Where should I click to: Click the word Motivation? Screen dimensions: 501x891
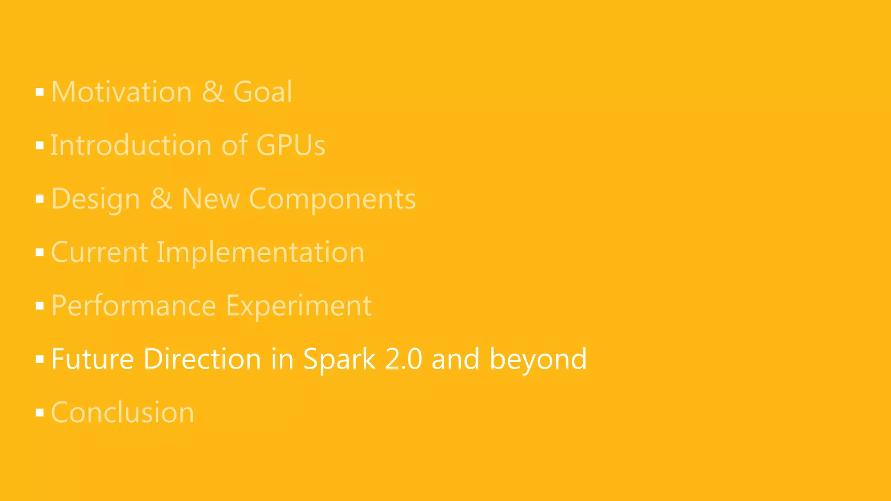pyautogui.click(x=121, y=92)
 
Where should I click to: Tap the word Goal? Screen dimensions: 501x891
pyautogui.click(x=263, y=92)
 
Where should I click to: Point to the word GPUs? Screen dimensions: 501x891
pyautogui.click(x=291, y=145)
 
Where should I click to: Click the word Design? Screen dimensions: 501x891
pyautogui.click(x=96, y=199)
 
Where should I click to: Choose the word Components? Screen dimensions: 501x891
pyautogui.click(x=332, y=199)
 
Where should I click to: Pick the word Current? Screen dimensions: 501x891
pyautogui.click(x=100, y=252)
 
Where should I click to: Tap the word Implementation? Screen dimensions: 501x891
pyautogui.click(x=260, y=252)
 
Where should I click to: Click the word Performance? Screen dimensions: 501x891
pyautogui.click(x=134, y=306)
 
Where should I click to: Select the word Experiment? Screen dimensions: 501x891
pyautogui.click(x=299, y=306)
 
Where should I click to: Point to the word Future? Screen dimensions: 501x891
pyautogui.click(x=93, y=359)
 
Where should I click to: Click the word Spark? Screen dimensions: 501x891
pyautogui.click(x=339, y=359)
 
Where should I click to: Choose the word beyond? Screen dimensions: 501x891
pyautogui.click(x=538, y=359)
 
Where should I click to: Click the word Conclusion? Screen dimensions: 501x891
pyautogui.click(x=123, y=412)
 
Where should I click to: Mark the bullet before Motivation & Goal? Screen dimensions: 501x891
pyautogui.click(x=40, y=92)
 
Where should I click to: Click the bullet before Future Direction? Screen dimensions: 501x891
pyautogui.click(x=40, y=360)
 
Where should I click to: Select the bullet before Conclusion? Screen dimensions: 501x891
pyautogui.click(x=40, y=413)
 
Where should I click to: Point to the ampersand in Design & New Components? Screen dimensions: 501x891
pyautogui.click(x=161, y=199)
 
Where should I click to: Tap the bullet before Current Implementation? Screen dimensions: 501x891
pyautogui.click(x=40, y=253)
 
